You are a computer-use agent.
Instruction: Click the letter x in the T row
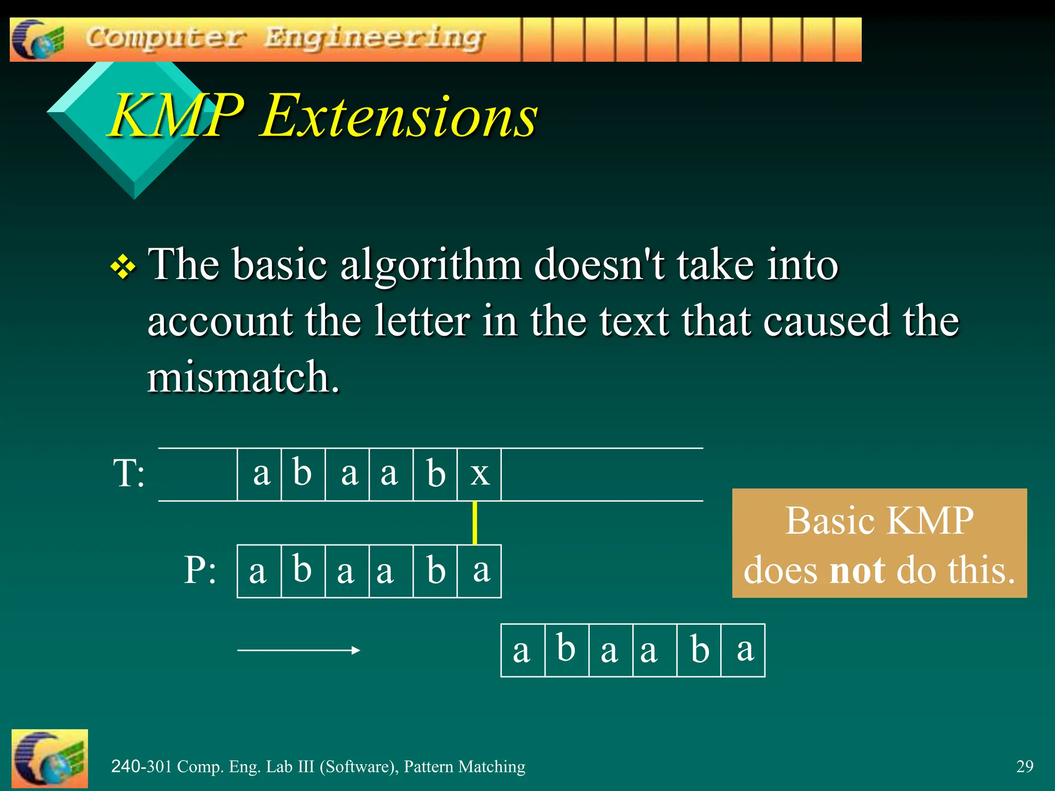480,474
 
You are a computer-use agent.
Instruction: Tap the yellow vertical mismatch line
474,523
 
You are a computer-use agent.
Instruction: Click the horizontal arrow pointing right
299,650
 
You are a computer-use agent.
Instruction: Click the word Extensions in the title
399,116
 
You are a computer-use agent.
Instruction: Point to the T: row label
129,473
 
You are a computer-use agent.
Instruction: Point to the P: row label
200,570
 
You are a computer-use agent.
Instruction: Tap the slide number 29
1025,766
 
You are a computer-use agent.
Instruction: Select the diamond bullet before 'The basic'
123,268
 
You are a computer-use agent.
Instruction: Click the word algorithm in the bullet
431,265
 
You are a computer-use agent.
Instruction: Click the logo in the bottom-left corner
49,758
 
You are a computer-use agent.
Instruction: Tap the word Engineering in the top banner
375,39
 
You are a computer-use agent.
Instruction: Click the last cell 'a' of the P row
481,571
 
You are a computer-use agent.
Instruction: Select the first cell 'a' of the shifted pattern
522,650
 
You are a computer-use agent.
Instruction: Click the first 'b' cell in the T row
303,474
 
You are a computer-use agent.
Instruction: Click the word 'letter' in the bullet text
422,321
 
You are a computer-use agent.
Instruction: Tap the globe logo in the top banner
37,40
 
